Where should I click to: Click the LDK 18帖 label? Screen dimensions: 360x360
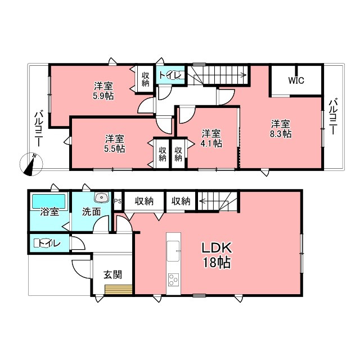pyautogui.click(x=216, y=255)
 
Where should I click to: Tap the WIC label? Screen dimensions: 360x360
pyautogui.click(x=296, y=80)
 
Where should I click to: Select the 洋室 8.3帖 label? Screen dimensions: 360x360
pyautogui.click(x=281, y=129)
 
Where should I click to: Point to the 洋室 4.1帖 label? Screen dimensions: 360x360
pyautogui.click(x=211, y=138)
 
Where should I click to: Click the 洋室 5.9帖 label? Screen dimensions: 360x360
pyautogui.click(x=103, y=91)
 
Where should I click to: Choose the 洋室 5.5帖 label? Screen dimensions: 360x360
pyautogui.click(x=115, y=144)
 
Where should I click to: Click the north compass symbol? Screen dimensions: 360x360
pyautogui.click(x=31, y=164)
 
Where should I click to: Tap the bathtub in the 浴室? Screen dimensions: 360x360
pyautogui.click(x=49, y=201)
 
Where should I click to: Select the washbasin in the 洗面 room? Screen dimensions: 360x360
pyautogui.click(x=101, y=197)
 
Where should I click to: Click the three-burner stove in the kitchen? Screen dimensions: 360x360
pyautogui.click(x=173, y=280)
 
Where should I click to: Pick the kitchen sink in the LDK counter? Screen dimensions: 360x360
pyautogui.click(x=173, y=251)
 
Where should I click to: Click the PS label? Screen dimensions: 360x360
pyautogui.click(x=118, y=201)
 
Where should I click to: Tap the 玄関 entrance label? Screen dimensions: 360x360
pyautogui.click(x=112, y=274)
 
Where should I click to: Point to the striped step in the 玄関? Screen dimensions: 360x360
pyautogui.click(x=119, y=290)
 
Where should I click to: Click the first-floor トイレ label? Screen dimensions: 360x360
pyautogui.click(x=49, y=244)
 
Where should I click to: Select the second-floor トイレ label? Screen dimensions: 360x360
pyautogui.click(x=171, y=75)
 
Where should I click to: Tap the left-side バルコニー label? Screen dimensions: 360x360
pyautogui.click(x=38, y=129)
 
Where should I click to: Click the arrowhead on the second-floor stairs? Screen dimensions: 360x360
pyautogui.click(x=245, y=75)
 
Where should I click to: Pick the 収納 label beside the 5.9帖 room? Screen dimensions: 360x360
pyautogui.click(x=145, y=79)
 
